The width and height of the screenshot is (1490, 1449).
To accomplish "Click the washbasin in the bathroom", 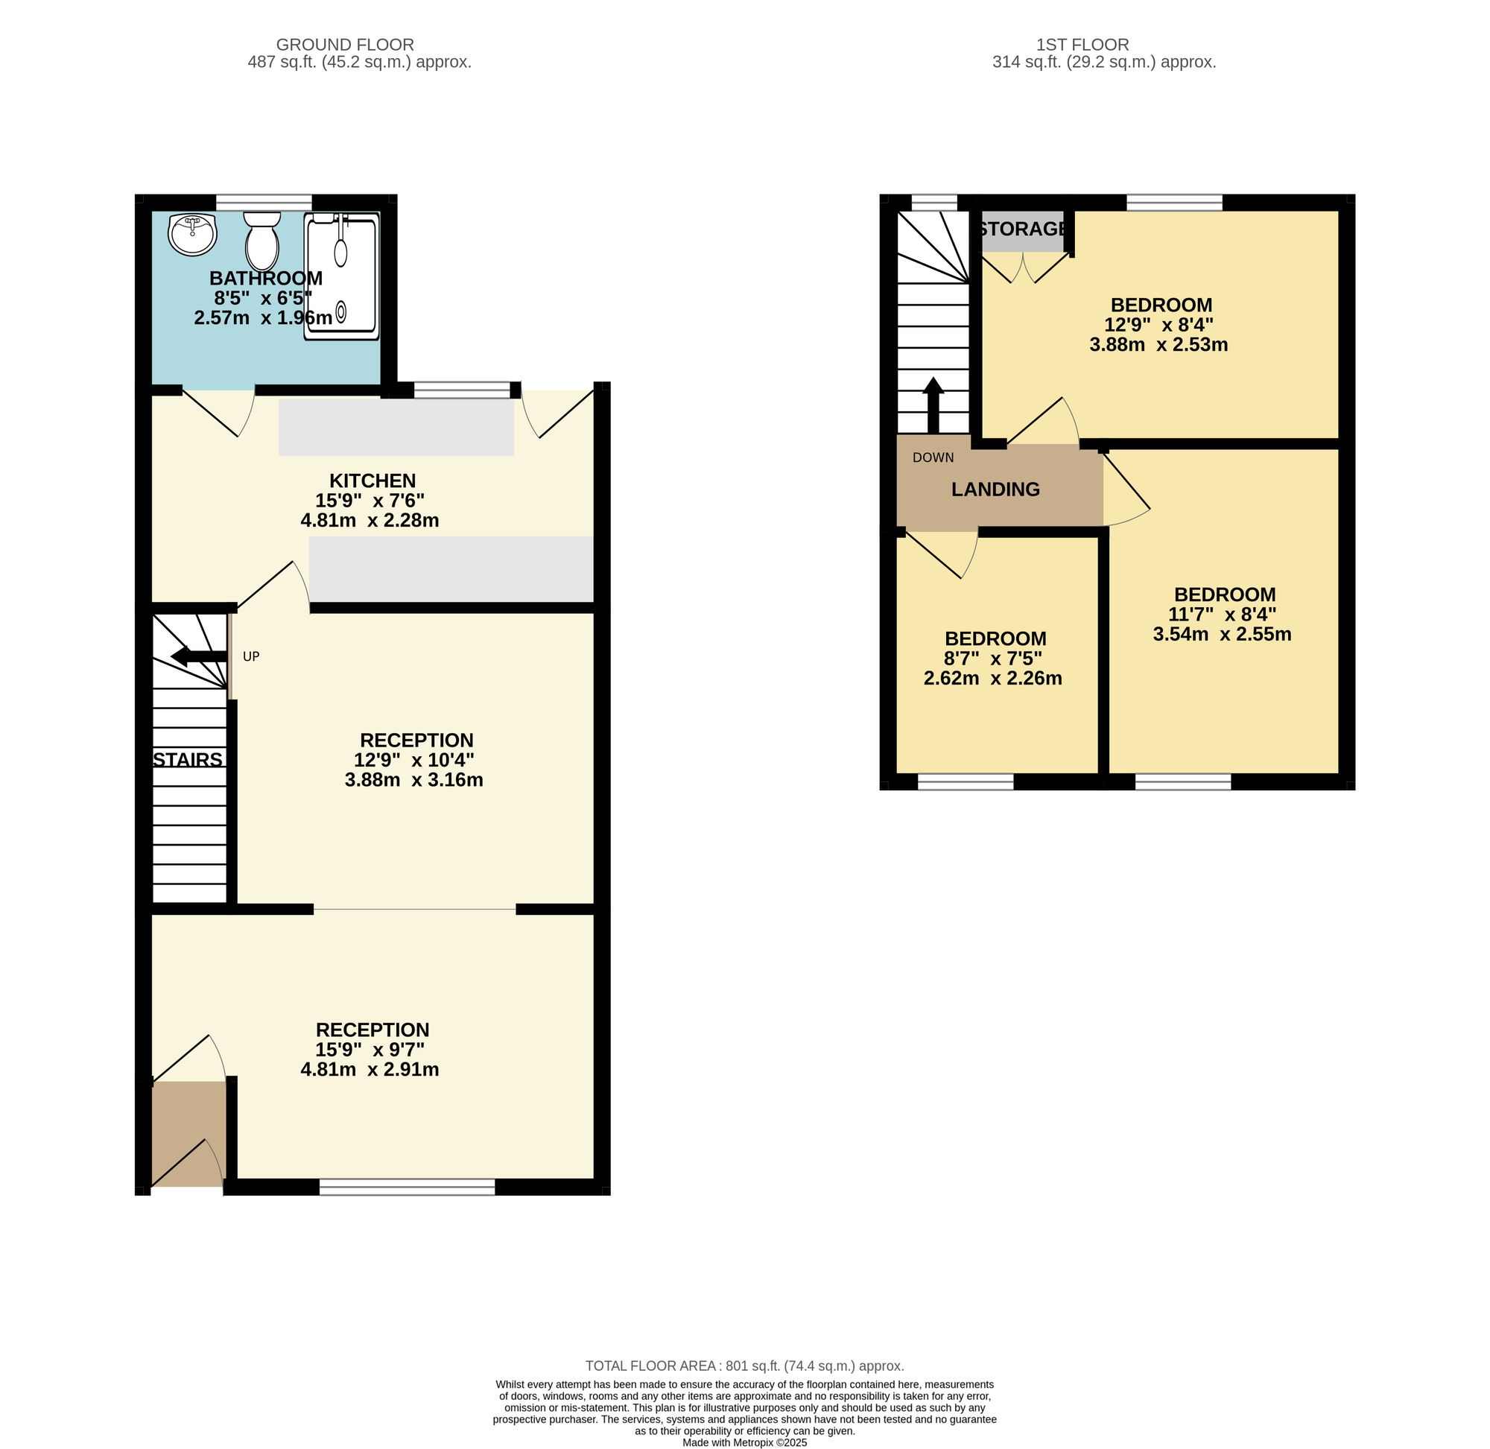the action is click(192, 235).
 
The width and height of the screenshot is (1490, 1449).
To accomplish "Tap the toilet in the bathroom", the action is click(261, 239).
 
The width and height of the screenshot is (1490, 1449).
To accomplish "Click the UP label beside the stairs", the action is click(251, 657).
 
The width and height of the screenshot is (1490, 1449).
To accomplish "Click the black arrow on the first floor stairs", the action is click(933, 405).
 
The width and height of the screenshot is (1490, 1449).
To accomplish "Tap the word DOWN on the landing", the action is click(933, 457).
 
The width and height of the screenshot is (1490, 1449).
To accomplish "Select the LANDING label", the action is click(995, 489).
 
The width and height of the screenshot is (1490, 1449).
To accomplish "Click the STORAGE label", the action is click(1024, 228).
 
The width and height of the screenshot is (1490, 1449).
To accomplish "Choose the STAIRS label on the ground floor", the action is click(188, 759).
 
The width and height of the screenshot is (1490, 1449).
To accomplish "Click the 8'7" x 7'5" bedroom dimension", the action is click(993, 659).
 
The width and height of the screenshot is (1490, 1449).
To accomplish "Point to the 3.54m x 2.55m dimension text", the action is click(1222, 634).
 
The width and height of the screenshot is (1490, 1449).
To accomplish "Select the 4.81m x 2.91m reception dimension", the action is click(370, 1069).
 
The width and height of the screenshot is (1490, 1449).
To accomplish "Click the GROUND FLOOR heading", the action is click(345, 45).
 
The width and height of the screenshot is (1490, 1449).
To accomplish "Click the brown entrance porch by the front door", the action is click(188, 1133).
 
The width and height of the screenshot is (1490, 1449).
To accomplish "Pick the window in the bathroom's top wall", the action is click(264, 203).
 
